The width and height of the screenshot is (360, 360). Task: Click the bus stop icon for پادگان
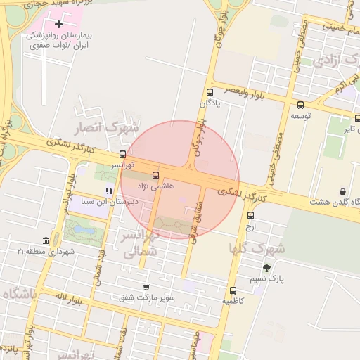click(x=210, y=92)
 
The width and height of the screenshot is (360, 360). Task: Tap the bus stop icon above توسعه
click(x=301, y=105)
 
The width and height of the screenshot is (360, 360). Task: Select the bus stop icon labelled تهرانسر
click(x=123, y=154)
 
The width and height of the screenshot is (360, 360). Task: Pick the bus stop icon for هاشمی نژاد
click(x=155, y=175)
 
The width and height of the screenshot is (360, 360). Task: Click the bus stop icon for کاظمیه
click(x=233, y=290)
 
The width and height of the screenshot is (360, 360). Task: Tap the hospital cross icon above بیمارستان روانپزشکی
click(x=58, y=25)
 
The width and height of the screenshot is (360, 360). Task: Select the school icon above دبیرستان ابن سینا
click(x=108, y=191)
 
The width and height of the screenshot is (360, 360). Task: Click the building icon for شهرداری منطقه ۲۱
click(x=46, y=241)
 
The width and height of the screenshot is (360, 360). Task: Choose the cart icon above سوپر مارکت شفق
click(x=146, y=287)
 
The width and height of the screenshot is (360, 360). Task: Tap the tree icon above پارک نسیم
click(x=266, y=268)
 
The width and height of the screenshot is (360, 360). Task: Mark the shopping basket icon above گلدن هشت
click(x=342, y=191)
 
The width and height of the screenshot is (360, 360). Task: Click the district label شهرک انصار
click(x=112, y=128)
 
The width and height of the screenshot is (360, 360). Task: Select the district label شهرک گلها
click(x=257, y=248)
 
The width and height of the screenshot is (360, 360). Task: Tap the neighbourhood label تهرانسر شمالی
click(x=141, y=243)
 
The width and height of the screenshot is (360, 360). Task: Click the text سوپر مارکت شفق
click(x=146, y=298)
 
